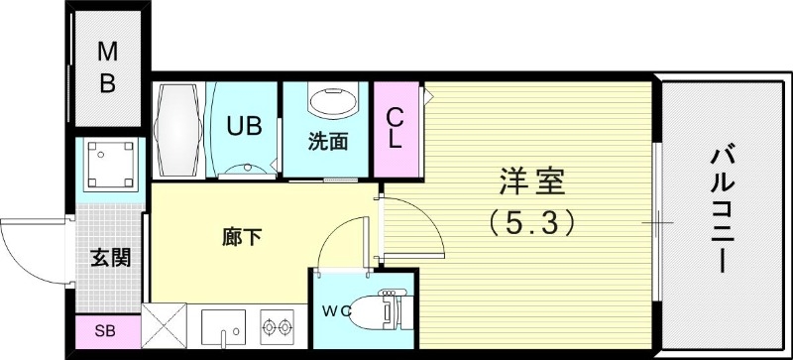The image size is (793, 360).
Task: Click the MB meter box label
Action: pyautogui.click(x=106, y=67)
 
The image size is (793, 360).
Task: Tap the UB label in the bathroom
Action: pyautogui.click(x=243, y=126)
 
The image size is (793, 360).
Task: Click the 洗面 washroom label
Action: pyautogui.click(x=327, y=141)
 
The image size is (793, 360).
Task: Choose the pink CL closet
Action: pyautogui.click(x=395, y=128)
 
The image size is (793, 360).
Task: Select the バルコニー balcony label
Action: pyautogui.click(x=721, y=209)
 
